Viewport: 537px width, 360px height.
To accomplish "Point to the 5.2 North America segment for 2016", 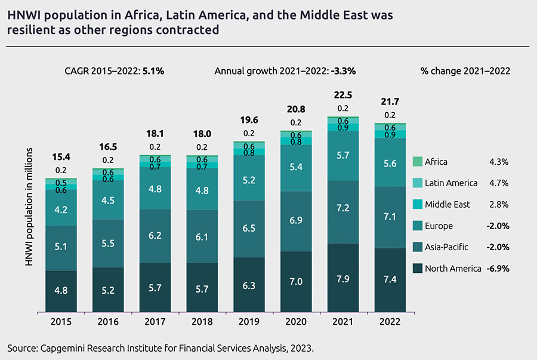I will coord(108,290).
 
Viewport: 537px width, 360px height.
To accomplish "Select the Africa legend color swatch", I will coord(417,161).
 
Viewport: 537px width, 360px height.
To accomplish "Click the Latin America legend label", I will coord(451,183).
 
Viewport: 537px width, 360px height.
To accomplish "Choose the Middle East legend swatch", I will coord(417,204).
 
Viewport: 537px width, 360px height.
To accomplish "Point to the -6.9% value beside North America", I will coord(498,269).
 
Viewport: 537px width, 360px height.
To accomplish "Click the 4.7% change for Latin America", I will coord(498,183).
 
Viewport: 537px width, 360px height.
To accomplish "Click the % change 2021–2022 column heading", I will coord(465,70).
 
